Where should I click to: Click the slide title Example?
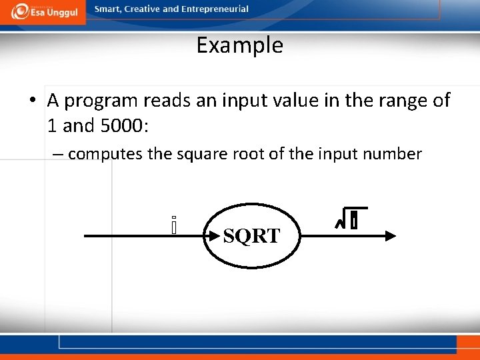(x=240, y=45)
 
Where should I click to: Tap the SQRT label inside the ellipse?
(x=251, y=236)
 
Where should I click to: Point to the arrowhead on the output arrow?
(x=391, y=235)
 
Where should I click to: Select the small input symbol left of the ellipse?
(x=173, y=225)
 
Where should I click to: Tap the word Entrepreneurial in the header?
(x=215, y=9)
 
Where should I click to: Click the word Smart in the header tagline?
(x=108, y=9)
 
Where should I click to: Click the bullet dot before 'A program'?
(x=32, y=101)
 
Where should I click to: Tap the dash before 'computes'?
(x=58, y=155)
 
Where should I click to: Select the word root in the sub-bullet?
(x=245, y=154)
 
